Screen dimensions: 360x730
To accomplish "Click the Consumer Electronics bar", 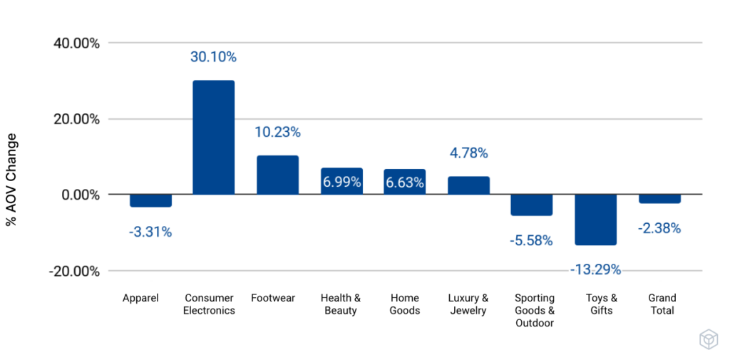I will point(213,137).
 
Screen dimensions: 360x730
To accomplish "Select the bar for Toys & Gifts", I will point(595,220).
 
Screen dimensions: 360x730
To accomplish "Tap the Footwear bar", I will point(277,175).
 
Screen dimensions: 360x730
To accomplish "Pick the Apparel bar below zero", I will point(150,200).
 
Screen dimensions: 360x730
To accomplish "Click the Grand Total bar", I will point(659,199).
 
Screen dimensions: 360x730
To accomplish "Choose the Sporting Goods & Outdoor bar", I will point(531,205).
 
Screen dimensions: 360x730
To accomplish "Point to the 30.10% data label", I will point(213,57).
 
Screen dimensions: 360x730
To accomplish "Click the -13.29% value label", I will point(595,269).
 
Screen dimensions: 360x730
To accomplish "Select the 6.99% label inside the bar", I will point(341,182).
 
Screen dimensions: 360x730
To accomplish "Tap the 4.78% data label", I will point(468,153).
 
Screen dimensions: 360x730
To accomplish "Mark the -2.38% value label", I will point(659,228).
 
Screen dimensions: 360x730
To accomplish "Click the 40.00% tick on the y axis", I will point(76,43).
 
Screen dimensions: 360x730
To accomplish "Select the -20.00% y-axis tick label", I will point(74,271).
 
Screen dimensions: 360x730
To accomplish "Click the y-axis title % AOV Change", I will point(12,180).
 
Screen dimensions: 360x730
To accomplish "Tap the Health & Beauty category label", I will point(341,304).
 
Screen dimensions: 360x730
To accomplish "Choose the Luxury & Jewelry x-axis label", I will point(468,304).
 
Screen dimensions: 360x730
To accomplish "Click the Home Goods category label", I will point(405,304).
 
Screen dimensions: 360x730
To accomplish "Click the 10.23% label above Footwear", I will point(277,132).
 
